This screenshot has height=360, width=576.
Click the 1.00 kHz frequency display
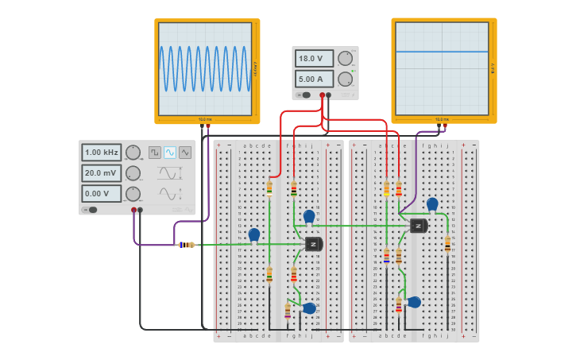pos(102,153)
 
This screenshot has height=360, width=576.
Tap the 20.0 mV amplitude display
pos(102,173)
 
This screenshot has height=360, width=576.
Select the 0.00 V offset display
pos(102,193)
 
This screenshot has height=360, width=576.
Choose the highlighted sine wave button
pos(170,152)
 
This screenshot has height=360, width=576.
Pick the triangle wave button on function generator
pos(185,152)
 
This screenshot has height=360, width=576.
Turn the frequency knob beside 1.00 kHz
pos(133,153)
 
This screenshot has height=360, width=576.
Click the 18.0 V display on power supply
pos(315,58)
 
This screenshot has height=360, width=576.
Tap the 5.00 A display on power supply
pos(315,79)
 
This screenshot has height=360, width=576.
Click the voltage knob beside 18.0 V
pos(345,58)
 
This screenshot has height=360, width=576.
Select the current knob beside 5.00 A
pos(345,79)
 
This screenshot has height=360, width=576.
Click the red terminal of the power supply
pos(323,95)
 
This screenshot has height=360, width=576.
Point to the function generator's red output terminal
pos(133,211)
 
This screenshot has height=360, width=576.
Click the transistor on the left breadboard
pos(313,244)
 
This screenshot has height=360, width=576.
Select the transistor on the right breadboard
pos(419,226)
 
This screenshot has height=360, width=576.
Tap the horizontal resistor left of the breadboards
pos(186,245)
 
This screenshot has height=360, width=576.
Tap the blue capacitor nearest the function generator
pos(254,234)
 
